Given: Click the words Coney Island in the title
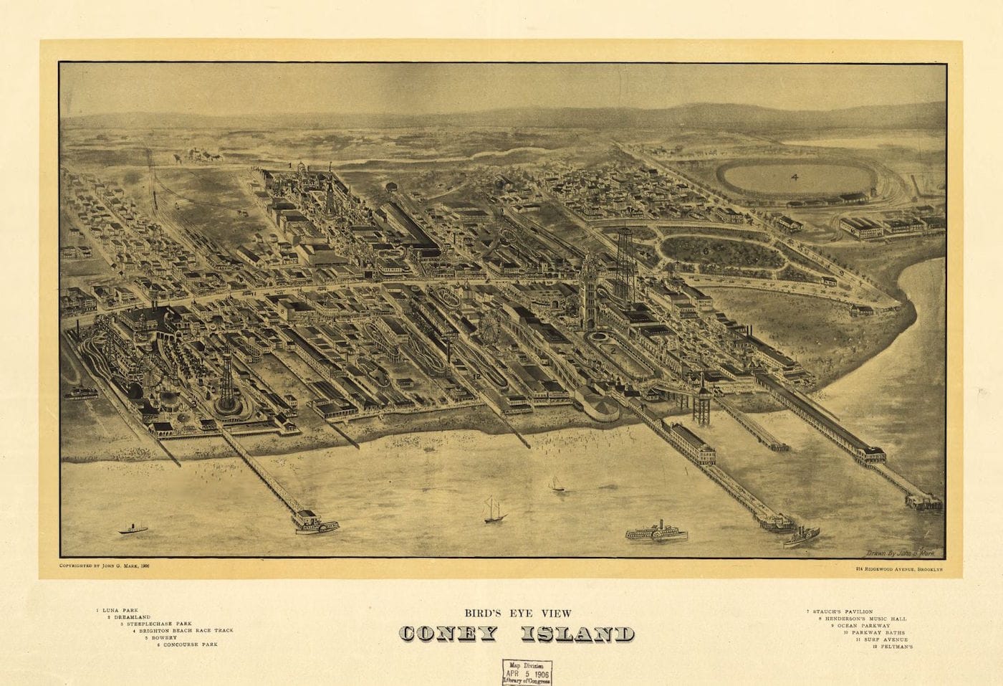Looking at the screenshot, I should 516,634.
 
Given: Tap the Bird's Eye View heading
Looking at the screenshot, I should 516,613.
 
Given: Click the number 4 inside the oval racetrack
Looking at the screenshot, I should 794,176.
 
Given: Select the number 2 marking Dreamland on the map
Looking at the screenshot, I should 613,350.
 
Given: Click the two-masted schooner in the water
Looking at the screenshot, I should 494,509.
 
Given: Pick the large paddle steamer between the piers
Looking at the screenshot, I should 656,533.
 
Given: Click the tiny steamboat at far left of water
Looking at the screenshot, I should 133,528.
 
